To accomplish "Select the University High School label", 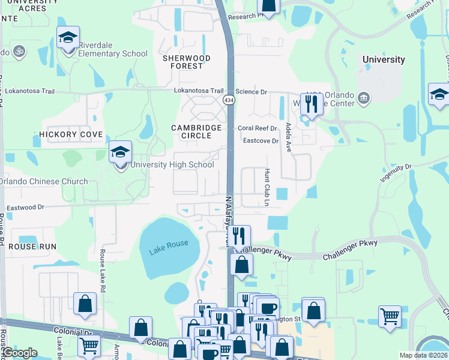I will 172,164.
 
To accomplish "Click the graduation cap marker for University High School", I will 120,152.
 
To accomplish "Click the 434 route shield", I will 229,99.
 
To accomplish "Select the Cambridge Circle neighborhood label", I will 191,131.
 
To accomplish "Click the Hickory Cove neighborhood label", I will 71,134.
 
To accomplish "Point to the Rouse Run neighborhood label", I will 32,247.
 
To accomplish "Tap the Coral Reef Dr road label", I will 257,128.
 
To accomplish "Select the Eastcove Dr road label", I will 261,141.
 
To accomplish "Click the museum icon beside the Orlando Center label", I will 363,98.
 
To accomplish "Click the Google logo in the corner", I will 19,353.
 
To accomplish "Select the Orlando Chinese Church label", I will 44,181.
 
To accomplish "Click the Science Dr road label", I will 250,91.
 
